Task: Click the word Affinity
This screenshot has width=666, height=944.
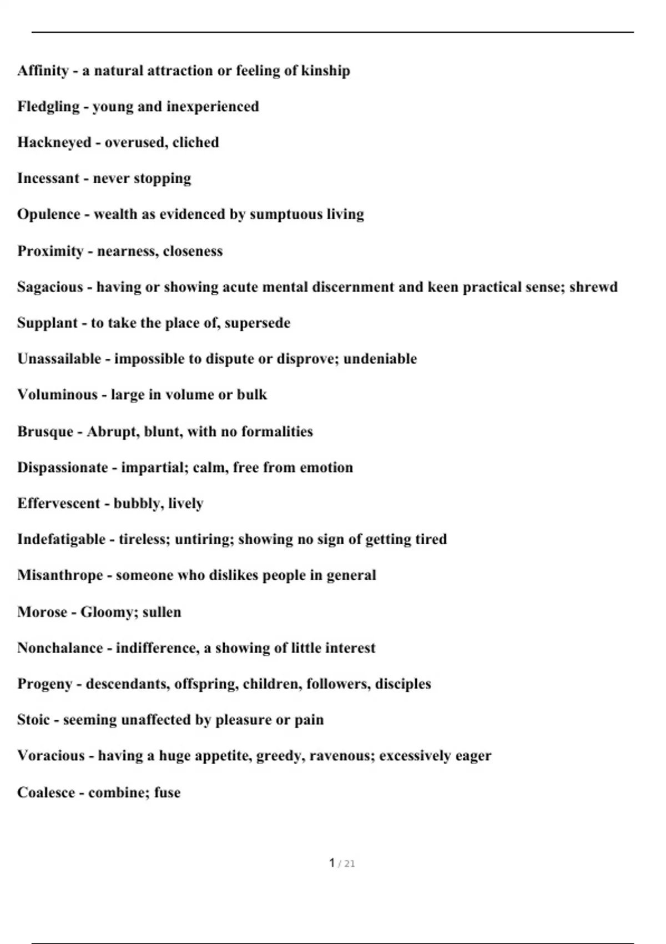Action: (43, 71)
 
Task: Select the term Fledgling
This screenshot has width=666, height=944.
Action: (48, 107)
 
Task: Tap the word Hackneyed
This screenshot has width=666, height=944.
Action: (54, 143)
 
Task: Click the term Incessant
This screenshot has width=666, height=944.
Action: (48, 178)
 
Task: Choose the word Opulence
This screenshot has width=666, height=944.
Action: (48, 214)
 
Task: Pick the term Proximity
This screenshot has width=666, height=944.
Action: (50, 251)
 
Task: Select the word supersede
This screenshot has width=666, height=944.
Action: (257, 323)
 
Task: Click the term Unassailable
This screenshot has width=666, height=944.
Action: (59, 359)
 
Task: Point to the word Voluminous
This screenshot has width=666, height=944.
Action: (57, 395)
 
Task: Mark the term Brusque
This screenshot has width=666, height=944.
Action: (45, 431)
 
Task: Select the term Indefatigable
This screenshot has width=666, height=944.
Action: (61, 539)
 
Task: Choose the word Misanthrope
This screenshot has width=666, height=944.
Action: (60, 575)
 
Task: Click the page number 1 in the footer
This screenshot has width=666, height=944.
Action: (332, 863)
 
